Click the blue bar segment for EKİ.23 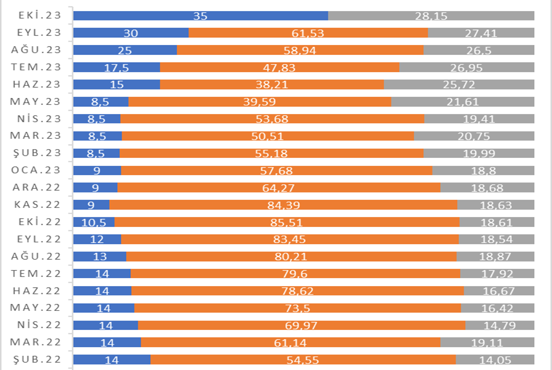click(x=200, y=16)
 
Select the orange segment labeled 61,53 click(x=308, y=33)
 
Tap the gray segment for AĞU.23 click(x=479, y=51)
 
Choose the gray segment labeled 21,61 click(x=463, y=102)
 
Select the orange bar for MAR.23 click(x=268, y=136)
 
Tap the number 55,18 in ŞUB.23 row click(x=272, y=153)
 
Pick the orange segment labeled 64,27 click(x=279, y=187)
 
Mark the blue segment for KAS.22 click(x=91, y=205)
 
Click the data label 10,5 click(x=94, y=222)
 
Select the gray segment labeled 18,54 click(x=496, y=239)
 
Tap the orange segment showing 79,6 click(x=295, y=273)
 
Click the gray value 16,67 click(x=499, y=290)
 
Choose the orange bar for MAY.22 click(x=297, y=308)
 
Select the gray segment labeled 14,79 click(x=500, y=325)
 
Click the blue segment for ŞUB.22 click(x=112, y=360)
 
